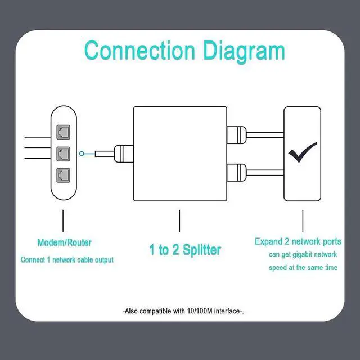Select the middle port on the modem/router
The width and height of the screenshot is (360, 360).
(62, 153)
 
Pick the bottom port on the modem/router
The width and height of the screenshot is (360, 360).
(62, 174)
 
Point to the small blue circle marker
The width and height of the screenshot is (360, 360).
(83, 153)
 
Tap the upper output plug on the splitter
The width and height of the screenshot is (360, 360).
(236, 134)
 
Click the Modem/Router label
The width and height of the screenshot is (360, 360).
(64, 243)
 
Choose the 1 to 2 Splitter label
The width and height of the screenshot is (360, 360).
(185, 250)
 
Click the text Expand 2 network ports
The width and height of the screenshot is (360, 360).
(298, 241)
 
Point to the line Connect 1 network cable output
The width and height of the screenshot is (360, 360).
(67, 260)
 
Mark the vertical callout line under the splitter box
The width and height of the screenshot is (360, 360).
(179, 220)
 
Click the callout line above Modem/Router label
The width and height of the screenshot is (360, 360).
(62, 220)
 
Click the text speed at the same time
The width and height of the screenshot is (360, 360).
(303, 268)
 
